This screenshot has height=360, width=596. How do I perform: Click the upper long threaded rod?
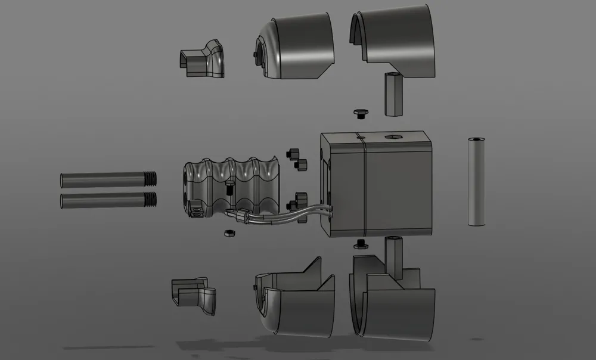click(101, 179)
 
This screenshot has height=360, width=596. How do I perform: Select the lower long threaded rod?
click(101, 200)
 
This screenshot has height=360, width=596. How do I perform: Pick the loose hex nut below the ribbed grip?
click(228, 232)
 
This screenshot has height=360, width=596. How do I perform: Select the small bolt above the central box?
click(360, 113)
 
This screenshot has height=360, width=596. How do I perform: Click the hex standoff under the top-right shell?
click(393, 94)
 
